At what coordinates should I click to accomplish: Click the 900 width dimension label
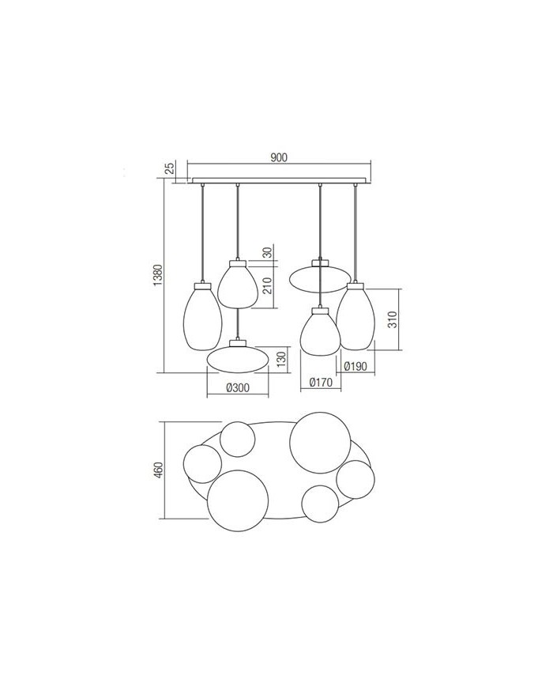(x=278, y=157)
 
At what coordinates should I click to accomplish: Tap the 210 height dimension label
(x=268, y=285)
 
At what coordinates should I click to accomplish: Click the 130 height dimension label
(x=280, y=359)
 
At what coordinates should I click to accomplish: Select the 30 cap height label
(x=267, y=253)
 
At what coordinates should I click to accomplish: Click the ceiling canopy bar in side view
(x=280, y=180)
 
